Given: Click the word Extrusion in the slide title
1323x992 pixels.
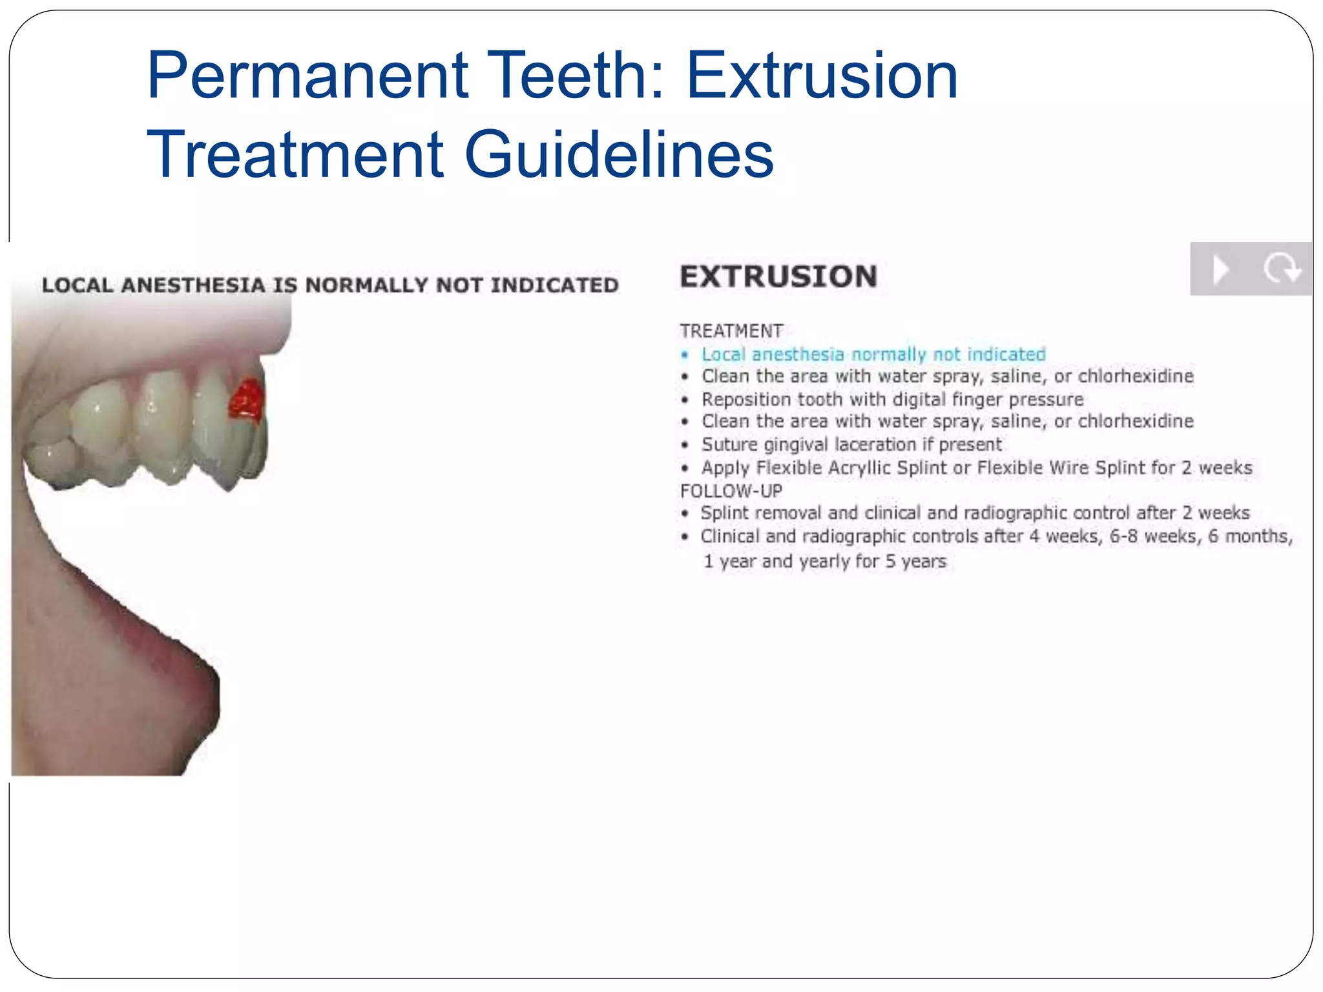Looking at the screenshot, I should (821, 76).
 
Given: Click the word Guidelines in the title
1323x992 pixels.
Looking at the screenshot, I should (619, 155).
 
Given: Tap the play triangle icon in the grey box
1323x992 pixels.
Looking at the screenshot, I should (1220, 269).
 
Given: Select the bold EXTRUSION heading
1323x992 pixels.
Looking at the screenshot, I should (778, 277).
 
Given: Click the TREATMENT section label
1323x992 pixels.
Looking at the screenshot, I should (731, 331).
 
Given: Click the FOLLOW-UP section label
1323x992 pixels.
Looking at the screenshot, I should (731, 491).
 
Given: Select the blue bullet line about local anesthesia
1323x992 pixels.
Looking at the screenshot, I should (873, 355).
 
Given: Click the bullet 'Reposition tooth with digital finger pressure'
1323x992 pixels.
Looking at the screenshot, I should (892, 400).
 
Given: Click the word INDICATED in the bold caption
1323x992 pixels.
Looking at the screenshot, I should (554, 285).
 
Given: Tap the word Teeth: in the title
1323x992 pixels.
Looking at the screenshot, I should (576, 76).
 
